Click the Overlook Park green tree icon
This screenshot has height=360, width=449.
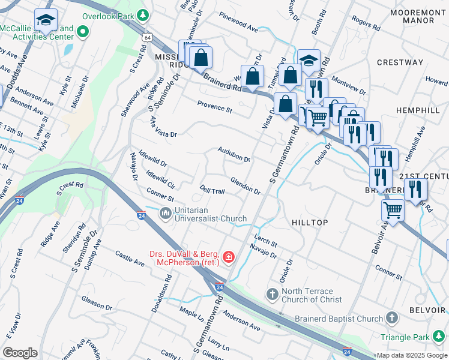tap(143, 14)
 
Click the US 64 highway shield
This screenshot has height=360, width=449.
tap(147, 37)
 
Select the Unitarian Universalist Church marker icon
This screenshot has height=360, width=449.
tap(165, 214)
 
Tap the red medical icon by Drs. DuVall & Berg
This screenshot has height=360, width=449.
tap(228, 257)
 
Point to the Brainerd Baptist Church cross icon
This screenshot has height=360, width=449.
tap(391, 317)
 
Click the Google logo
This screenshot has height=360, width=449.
tap(20, 353)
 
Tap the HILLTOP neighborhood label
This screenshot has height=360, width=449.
tap(309, 223)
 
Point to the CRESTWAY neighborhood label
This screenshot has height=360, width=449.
tap(400, 62)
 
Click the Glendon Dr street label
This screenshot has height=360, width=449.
tap(245, 187)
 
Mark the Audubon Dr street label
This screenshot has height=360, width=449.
tap(234, 155)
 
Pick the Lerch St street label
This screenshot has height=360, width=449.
tap(265, 242)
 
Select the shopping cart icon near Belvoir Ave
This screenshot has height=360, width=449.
tap(393, 211)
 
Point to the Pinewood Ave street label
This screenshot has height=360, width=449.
tap(238, 25)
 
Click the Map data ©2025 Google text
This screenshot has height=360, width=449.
tap(412, 355)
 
